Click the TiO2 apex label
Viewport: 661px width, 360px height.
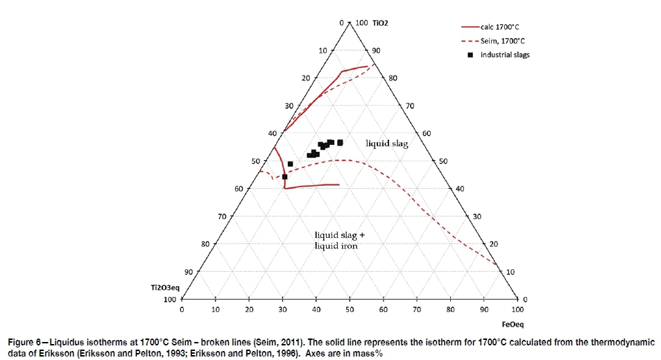pos(380,23)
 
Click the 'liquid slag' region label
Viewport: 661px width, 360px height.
pos(387,143)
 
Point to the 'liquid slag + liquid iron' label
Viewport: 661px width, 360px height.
pos(339,240)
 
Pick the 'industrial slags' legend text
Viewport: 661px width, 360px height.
pos(506,55)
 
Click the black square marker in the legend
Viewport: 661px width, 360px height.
pos(470,55)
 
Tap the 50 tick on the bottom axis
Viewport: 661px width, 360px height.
pos(350,310)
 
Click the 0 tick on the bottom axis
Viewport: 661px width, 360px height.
pos(182,310)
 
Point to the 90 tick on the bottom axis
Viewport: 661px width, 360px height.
pos(484,310)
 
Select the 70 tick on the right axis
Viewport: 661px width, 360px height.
pos(410,105)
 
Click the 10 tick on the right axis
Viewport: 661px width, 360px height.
pos(510,272)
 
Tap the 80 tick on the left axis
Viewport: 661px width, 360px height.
pos(205,244)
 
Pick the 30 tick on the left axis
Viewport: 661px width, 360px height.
pos(289,105)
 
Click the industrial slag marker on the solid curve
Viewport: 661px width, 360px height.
pos(284,177)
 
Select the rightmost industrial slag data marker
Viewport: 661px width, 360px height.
pos(340,142)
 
